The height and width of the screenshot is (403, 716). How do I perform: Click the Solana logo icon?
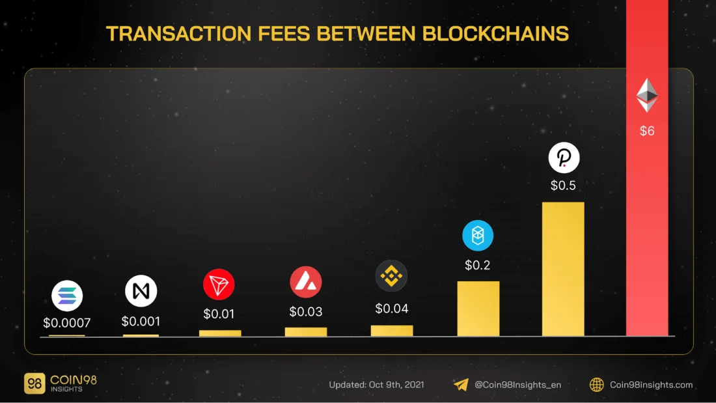tap(67, 296)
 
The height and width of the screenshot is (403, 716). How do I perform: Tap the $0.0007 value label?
tap(66, 322)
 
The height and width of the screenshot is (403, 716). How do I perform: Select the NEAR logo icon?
tap(141, 292)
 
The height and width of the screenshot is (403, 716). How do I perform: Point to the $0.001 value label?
tap(141, 321)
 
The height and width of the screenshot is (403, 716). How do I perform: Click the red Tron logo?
tap(219, 285)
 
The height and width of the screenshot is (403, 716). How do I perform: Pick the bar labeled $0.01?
tap(220, 333)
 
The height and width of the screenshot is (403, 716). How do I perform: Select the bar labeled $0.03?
tap(306, 331)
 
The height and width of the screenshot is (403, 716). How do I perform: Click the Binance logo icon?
tap(391, 276)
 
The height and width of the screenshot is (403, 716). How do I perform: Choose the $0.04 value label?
tap(392, 309)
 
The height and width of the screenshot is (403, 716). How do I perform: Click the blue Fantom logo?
tap(478, 236)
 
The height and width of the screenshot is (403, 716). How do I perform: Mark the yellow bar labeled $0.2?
tap(478, 309)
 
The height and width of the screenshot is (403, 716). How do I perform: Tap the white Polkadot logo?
tap(564, 158)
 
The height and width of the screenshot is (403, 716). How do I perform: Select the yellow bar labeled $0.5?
tap(563, 269)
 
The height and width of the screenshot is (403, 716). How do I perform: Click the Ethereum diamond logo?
tap(647, 96)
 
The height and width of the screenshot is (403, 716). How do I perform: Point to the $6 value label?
tap(647, 131)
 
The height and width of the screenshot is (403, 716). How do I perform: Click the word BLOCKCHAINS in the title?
tap(495, 34)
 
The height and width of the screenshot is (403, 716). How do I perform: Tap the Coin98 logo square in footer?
tap(34, 383)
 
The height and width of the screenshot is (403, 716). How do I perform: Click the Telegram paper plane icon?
tap(461, 385)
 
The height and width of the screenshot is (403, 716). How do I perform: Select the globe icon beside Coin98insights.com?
tap(596, 385)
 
